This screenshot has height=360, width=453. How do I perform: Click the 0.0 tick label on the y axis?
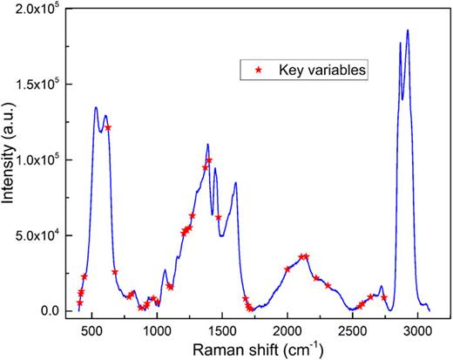(x=57, y=311)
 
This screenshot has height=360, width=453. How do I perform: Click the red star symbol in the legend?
(x=258, y=69)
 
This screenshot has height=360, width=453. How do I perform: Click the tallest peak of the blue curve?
(x=407, y=31)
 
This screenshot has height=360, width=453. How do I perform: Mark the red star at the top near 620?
(x=108, y=128)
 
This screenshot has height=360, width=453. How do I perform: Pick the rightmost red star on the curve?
(x=384, y=298)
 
